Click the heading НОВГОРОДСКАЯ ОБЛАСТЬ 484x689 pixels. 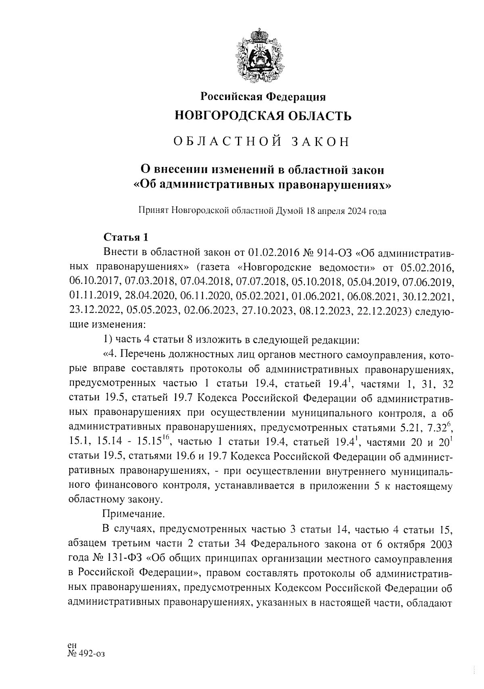coord(263,116)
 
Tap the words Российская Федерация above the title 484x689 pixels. coord(263,96)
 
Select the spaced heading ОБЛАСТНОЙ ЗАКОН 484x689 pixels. coord(261,142)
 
